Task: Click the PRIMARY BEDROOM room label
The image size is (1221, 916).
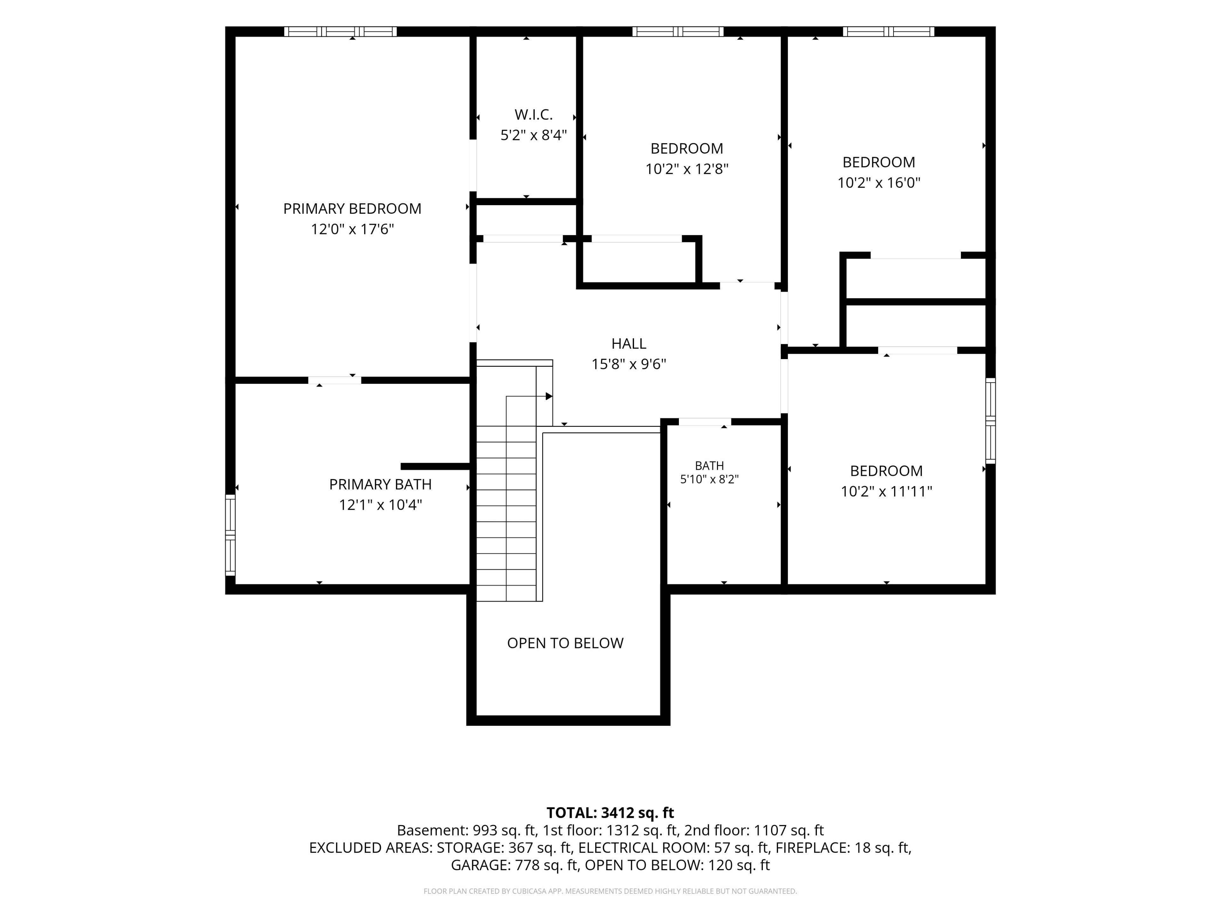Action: pos(352,209)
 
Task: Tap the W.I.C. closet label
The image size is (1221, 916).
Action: pos(533,115)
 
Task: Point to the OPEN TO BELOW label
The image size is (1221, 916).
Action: pos(565,643)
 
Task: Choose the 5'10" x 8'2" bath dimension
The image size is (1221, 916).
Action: pos(709,479)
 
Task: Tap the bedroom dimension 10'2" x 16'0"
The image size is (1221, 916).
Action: pos(879,183)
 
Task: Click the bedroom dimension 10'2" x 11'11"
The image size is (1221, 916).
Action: pos(886,491)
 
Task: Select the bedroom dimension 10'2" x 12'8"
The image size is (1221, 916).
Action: pos(687,169)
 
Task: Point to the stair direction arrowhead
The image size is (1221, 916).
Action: pos(549,396)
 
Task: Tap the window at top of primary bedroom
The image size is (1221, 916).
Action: pos(341,31)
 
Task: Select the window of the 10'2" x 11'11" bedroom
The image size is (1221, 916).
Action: pos(991,421)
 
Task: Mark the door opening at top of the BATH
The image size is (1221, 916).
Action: pos(705,422)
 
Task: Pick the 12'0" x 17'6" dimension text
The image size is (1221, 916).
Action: pos(352,229)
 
